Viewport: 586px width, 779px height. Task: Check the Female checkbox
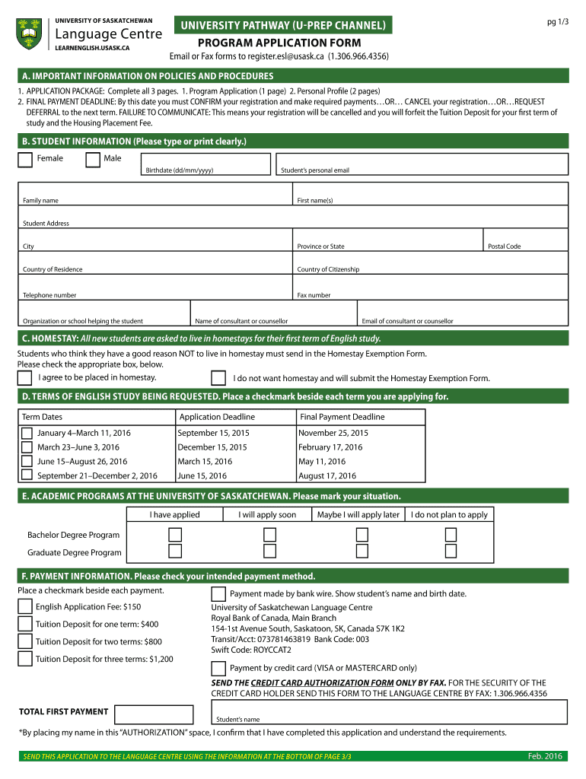pyautogui.click(x=25, y=159)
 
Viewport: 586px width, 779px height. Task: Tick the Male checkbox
pyautogui.click(x=93, y=159)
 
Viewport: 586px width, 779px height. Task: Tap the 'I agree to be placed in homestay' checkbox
pyautogui.click(x=25, y=378)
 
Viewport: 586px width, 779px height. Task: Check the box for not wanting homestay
pyautogui.click(x=218, y=378)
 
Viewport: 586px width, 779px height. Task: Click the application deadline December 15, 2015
pyautogui.click(x=212, y=447)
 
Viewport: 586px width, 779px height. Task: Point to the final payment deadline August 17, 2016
pyautogui.click(x=327, y=476)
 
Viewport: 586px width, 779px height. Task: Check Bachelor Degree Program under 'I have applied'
pyautogui.click(x=175, y=535)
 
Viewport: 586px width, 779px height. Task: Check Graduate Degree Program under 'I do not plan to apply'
pyautogui.click(x=451, y=552)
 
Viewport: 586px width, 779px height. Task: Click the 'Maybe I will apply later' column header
pyautogui.click(x=358, y=515)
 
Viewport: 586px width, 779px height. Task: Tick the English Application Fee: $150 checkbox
pyautogui.click(x=25, y=607)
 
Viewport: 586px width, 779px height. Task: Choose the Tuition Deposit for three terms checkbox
pyautogui.click(x=25, y=659)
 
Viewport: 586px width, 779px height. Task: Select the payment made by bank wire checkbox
pyautogui.click(x=218, y=594)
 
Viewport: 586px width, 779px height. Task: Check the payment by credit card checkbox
pyautogui.click(x=218, y=669)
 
